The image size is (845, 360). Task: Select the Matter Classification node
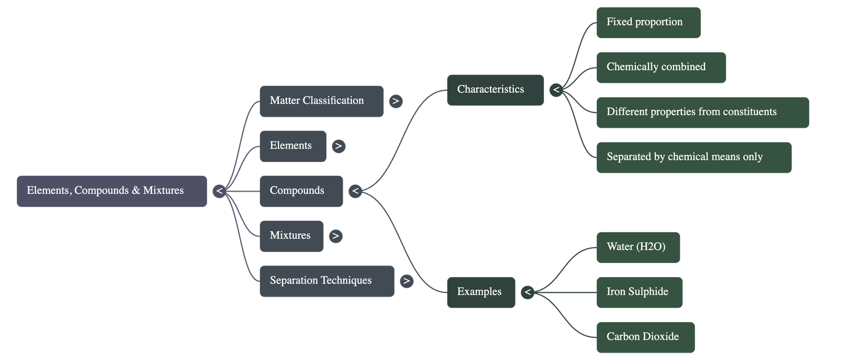coord(322,101)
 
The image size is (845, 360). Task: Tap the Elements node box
coord(293,146)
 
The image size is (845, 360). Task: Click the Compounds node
coord(301,191)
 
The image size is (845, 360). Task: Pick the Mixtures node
coord(292,236)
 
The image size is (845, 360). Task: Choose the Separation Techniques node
coord(326,281)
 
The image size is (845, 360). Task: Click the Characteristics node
coord(495,90)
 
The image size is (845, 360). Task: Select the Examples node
coord(481,292)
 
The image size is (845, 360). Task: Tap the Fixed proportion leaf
coord(648,22)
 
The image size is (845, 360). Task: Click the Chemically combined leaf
coord(660,67)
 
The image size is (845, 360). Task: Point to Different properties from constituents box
coord(702,112)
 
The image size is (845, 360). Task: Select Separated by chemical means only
coord(693,157)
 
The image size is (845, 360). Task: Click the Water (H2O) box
coord(637,247)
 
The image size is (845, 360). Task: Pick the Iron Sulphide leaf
coord(639,292)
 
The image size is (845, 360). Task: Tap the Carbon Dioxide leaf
coord(645,337)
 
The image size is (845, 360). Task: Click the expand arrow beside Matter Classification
coord(396,101)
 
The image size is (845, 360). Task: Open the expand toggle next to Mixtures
coord(335,236)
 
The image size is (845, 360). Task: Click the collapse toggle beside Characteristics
coord(556,90)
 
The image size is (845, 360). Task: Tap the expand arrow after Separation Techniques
coord(406,281)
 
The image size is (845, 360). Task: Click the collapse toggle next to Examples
coord(527,292)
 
